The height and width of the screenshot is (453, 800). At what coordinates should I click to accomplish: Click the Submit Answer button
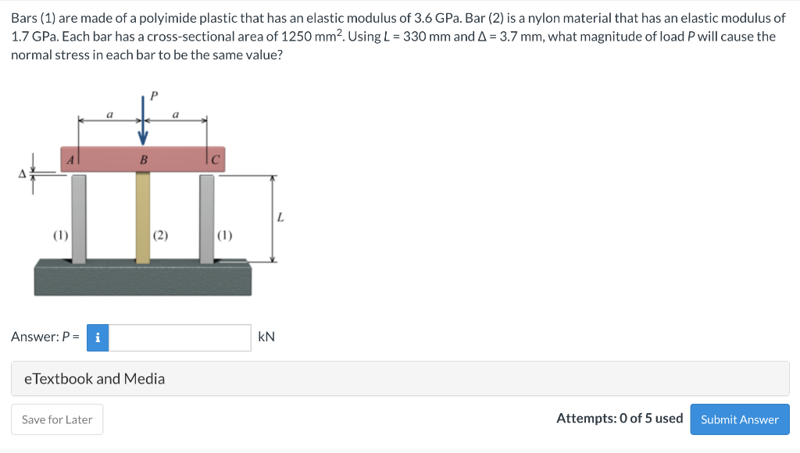coord(739,419)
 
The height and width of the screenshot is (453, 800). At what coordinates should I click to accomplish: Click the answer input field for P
coord(180,337)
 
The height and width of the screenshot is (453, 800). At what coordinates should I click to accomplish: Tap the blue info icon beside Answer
coord(98,337)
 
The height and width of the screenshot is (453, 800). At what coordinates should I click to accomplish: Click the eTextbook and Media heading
coord(95,379)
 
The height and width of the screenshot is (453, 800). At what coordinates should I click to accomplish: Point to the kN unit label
coord(266,337)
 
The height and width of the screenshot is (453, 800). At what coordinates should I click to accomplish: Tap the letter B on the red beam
coord(143,160)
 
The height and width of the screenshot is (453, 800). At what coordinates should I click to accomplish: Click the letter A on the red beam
coord(70,159)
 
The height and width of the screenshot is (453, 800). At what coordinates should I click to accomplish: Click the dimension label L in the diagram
coord(280,217)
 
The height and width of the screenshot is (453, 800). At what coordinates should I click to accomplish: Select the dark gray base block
coord(143,277)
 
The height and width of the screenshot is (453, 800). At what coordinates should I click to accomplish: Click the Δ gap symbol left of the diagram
coord(23,175)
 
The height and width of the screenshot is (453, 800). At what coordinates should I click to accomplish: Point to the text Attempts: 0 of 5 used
coord(620,419)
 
